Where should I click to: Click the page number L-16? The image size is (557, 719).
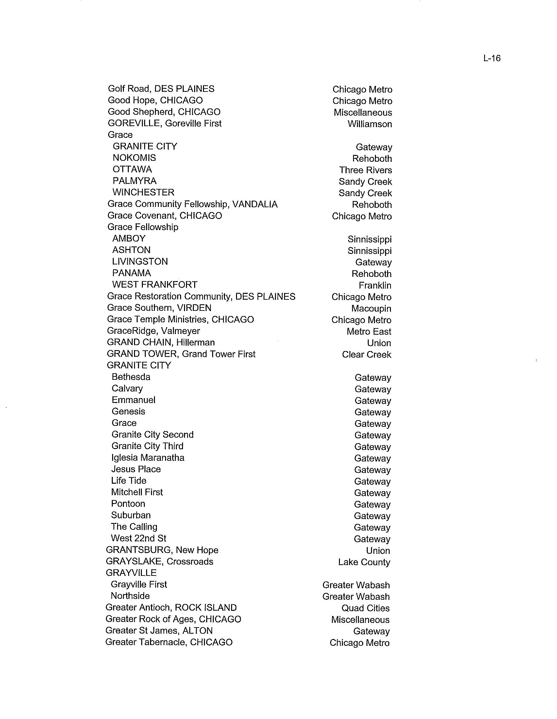[492, 58]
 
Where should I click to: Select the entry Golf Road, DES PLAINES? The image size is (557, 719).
[161, 89]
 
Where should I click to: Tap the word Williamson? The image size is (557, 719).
[369, 124]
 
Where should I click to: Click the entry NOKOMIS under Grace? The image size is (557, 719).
[134, 158]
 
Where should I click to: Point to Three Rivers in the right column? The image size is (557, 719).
[365, 170]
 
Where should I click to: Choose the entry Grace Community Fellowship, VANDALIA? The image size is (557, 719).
[192, 205]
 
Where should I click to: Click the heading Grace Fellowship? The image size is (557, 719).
[143, 227]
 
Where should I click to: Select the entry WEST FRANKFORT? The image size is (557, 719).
[154, 285]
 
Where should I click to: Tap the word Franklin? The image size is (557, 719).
[375, 285]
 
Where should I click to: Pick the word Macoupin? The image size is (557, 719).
[371, 309]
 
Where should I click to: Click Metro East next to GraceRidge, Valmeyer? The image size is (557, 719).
[369, 331]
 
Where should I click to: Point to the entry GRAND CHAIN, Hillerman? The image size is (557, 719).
[160, 343]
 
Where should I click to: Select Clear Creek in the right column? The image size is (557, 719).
[366, 355]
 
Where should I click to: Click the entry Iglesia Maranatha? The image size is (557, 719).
[147, 458]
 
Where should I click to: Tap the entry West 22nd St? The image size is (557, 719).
[138, 538]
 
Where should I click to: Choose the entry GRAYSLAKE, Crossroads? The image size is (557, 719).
[159, 561]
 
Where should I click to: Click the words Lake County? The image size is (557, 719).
[364, 562]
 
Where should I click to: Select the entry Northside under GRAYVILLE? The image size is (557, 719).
[130, 596]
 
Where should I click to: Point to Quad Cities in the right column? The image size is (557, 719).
[365, 608]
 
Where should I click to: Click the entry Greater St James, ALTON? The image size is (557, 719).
[159, 630]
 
